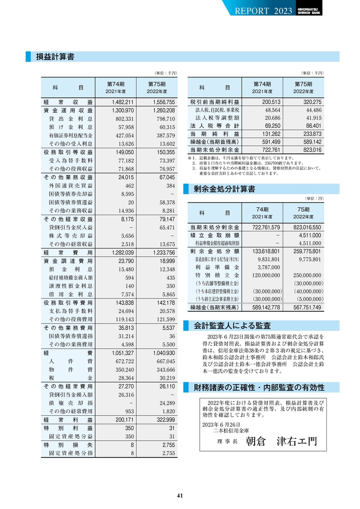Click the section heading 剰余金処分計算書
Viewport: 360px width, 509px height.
[225, 189]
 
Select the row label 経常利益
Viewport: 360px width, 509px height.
[68, 419]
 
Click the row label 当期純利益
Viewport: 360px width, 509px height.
[214, 134]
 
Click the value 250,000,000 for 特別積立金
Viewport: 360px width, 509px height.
[307, 275]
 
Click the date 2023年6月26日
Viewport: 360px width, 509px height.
[221, 424]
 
